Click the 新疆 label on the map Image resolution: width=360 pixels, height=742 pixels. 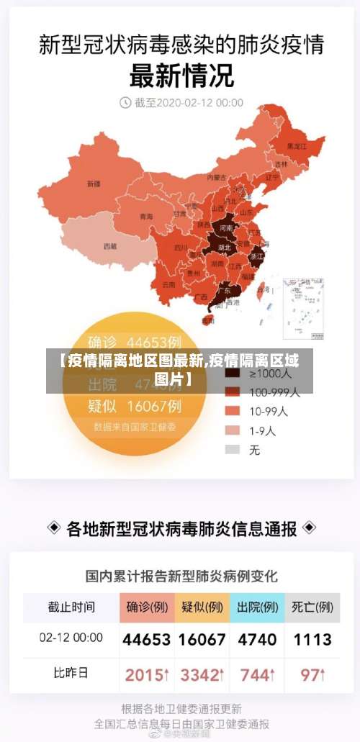[x=94, y=184]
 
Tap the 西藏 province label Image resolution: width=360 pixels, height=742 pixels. [x=109, y=246]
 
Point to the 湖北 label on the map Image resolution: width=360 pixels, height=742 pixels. [x=224, y=247]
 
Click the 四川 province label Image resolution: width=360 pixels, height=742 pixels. [x=181, y=248]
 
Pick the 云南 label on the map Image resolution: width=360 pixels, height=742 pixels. [x=169, y=284]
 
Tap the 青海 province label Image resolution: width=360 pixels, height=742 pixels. [x=146, y=217]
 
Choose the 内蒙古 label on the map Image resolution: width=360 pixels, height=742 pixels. [x=217, y=177]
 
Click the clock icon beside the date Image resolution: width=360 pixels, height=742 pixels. [x=125, y=103]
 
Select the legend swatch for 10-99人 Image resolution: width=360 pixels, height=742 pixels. [x=232, y=411]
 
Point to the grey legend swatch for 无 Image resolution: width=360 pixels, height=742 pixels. [x=232, y=449]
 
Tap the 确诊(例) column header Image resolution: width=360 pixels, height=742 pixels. [x=147, y=607]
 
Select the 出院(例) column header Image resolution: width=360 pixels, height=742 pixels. [x=257, y=607]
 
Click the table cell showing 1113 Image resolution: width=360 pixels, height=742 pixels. [x=312, y=639]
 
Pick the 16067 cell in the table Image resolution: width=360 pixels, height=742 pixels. [x=202, y=639]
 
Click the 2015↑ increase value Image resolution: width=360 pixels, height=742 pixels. [x=147, y=674]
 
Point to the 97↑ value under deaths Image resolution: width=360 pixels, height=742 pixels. [x=312, y=674]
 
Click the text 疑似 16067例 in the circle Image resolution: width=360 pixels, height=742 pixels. [x=135, y=407]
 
